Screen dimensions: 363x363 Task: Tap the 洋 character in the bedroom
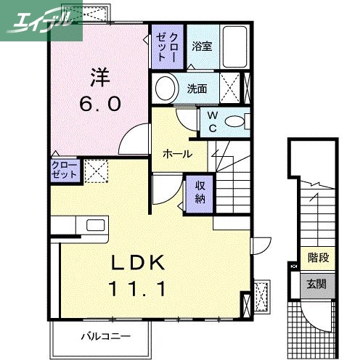tap(99, 76)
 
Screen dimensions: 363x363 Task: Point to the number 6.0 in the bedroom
tap(99, 104)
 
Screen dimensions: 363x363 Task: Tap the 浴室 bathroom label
tap(201, 46)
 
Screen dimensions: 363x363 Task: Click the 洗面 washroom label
tap(197, 90)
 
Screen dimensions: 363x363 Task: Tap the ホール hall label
tap(177, 154)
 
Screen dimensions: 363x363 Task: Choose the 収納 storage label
tap(200, 191)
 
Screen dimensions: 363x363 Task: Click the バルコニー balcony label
tap(105, 337)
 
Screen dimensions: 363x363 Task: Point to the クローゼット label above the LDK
tap(65, 171)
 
